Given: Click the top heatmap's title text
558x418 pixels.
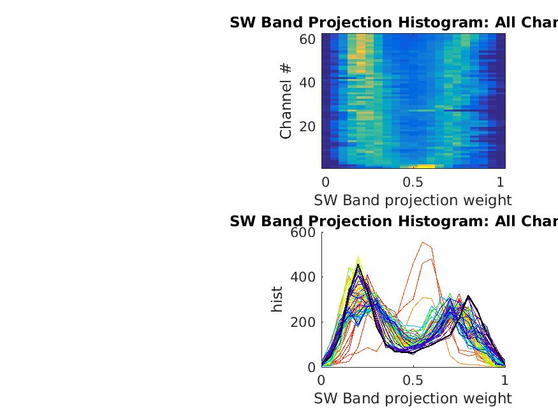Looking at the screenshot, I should [x=393, y=23].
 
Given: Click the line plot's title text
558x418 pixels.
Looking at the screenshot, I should [x=393, y=222].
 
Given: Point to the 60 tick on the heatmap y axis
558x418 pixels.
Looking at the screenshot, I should [x=307, y=40].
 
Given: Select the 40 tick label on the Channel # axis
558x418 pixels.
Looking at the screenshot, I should [x=307, y=83].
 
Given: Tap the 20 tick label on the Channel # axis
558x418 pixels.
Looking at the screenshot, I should [x=307, y=126].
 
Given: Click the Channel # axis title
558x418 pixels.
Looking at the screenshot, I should [x=286, y=101].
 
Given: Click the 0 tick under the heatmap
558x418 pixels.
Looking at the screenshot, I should [x=325, y=180].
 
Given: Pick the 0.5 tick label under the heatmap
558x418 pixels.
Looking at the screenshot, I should [x=413, y=180].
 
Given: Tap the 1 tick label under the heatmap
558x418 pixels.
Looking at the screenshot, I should [x=501, y=180].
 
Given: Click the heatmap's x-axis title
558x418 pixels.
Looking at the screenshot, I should [x=413, y=200].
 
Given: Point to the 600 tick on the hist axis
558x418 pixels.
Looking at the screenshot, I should [x=303, y=233].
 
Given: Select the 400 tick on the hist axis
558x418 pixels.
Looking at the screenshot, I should [x=303, y=277].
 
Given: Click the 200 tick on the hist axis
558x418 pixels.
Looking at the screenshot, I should [x=303, y=322].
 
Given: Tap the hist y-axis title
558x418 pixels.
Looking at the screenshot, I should [x=277, y=299].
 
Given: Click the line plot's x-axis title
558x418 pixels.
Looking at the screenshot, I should [x=413, y=399].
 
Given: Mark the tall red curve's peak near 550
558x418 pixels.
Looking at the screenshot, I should [x=423, y=242].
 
